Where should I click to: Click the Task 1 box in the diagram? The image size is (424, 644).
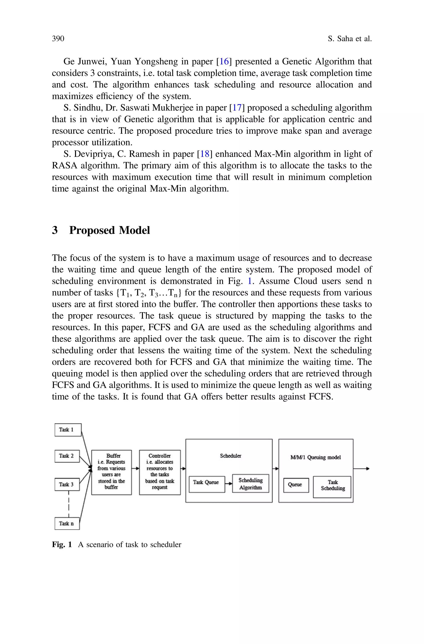point(68,430)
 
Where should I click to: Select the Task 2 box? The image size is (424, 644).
point(67,456)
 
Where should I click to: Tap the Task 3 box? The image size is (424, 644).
point(67,484)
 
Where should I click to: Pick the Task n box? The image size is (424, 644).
point(67,523)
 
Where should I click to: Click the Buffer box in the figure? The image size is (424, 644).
point(111,472)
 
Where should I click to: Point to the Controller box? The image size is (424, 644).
point(160,472)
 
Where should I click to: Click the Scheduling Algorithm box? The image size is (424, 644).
point(250,483)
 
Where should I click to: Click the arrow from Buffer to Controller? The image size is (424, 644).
point(135,468)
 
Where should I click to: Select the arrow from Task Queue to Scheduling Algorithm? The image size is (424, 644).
point(229,484)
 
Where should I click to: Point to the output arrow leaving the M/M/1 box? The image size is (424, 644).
point(361,469)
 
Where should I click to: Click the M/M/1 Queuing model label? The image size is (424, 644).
point(316,457)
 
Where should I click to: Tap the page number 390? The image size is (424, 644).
point(58,39)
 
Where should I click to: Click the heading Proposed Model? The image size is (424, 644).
point(109,230)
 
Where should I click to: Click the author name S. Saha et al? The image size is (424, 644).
point(350,39)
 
